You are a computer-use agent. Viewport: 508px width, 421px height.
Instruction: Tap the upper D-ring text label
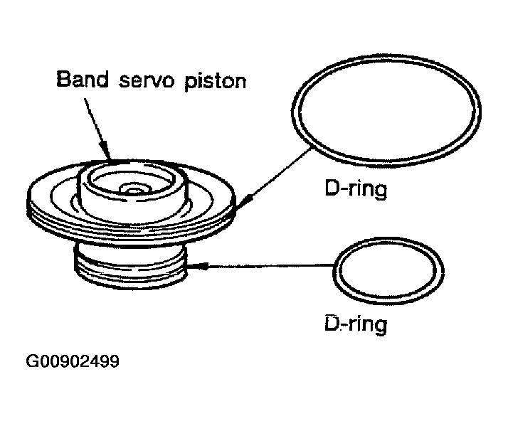(353, 191)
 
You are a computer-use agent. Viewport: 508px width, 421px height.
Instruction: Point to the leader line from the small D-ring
(270, 267)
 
